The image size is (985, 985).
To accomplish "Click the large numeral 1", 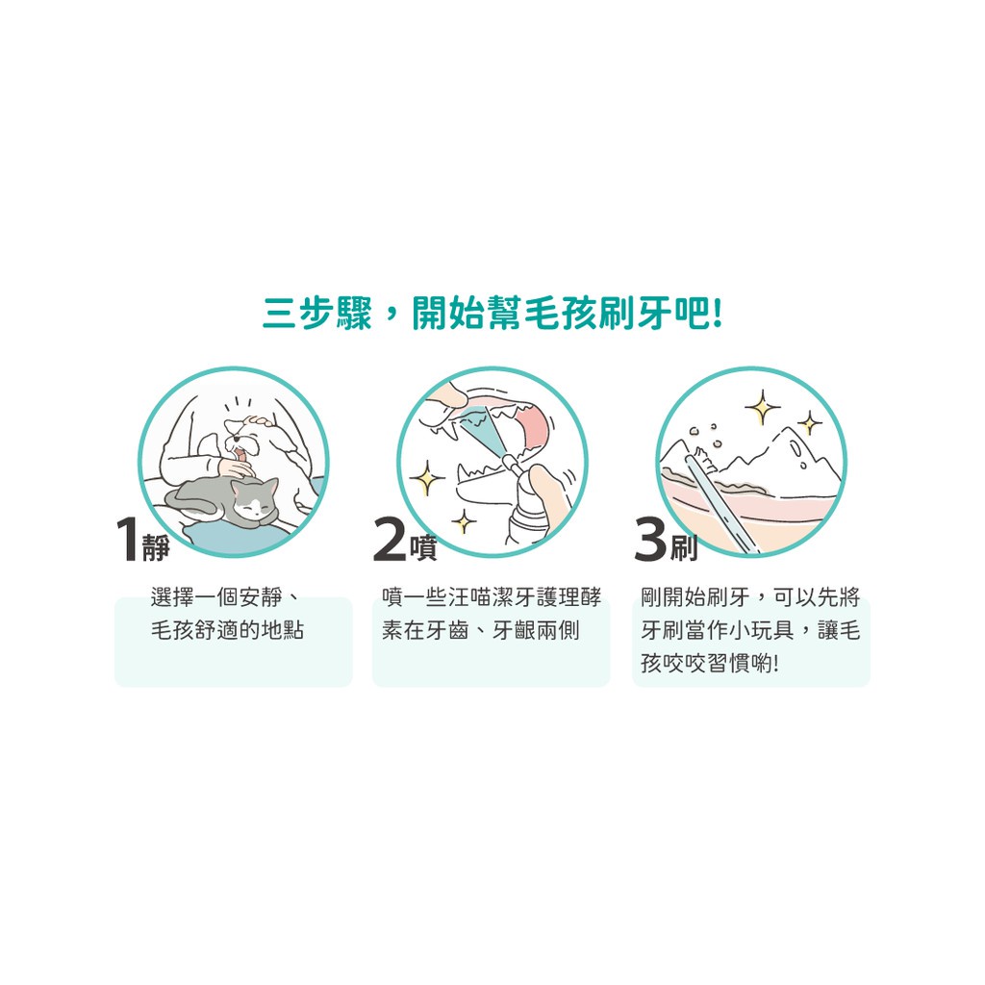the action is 127,540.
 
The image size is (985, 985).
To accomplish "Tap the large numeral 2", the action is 390,540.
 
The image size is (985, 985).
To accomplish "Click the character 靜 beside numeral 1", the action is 156,547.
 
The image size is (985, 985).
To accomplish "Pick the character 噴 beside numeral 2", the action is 423,547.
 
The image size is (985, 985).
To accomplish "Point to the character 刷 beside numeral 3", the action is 684,547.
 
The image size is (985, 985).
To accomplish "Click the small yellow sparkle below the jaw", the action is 465,521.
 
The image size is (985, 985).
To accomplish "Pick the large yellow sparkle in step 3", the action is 763,408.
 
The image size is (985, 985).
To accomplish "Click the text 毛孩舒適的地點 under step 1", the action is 227,630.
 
